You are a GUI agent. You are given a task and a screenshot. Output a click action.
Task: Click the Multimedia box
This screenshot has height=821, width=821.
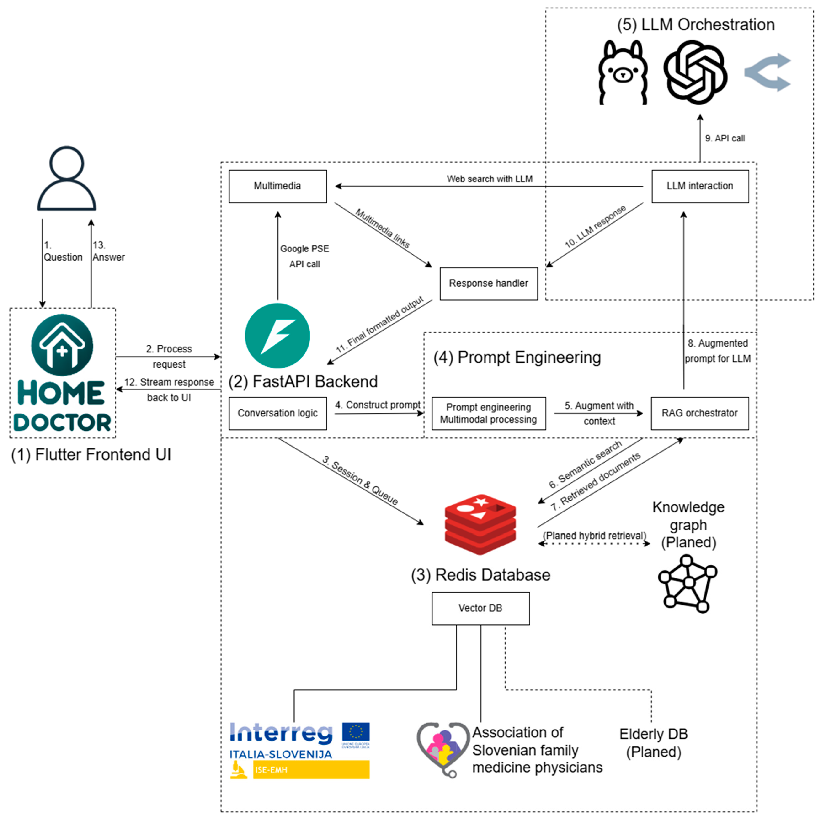click(x=277, y=186)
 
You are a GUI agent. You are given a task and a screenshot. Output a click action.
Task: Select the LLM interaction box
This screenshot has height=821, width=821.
click(x=700, y=186)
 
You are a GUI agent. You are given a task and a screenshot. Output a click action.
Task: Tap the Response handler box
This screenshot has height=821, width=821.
click(x=488, y=283)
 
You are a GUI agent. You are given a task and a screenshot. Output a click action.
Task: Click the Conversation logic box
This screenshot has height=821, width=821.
click(x=277, y=413)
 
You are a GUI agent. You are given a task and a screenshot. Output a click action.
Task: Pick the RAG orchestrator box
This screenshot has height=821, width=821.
click(x=699, y=413)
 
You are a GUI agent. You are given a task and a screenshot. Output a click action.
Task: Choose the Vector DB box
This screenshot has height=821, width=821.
click(x=480, y=608)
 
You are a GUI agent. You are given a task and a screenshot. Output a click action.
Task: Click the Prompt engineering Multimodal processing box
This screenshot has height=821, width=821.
click(x=488, y=413)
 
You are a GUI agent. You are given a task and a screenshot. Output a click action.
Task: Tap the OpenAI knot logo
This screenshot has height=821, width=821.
click(x=695, y=72)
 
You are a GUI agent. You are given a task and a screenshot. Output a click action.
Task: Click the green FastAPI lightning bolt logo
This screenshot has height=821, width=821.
click(x=277, y=336)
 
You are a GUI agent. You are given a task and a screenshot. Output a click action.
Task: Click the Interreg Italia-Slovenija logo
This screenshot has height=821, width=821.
click(x=300, y=750)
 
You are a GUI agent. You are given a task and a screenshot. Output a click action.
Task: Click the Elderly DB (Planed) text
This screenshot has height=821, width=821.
click(x=653, y=743)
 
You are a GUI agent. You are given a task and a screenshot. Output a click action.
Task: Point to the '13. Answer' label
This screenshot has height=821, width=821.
click(x=108, y=251)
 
